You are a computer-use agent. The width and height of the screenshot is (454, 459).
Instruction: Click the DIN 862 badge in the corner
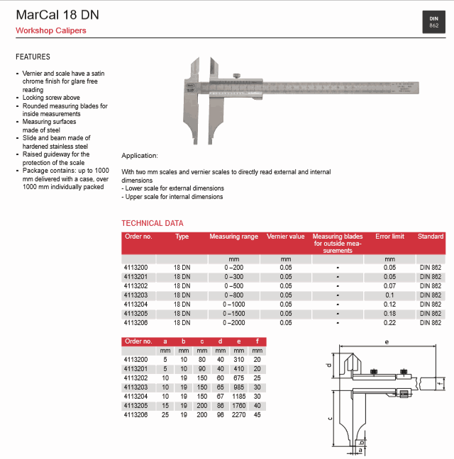pyautogui.click(x=433, y=22)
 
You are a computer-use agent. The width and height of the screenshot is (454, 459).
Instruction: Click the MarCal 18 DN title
pyautogui.click(x=57, y=15)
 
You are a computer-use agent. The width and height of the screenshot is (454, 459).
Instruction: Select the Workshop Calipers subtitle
pyautogui.click(x=51, y=30)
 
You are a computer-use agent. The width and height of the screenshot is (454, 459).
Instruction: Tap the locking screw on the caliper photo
pyautogui.click(x=237, y=76)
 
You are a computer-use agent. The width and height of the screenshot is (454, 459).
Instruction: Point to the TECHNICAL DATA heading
pyautogui.click(x=153, y=223)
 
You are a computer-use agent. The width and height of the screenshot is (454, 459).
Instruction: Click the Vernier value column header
pyautogui.click(x=285, y=237)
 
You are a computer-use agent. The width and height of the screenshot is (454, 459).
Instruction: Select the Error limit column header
pyautogui.click(x=389, y=237)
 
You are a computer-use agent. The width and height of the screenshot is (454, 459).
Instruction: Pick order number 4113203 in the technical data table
pyautogui.click(x=135, y=295)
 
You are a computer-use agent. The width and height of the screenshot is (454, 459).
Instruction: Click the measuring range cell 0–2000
pyautogui.click(x=233, y=322)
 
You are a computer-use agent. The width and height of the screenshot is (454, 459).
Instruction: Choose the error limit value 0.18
pyautogui.click(x=389, y=314)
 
